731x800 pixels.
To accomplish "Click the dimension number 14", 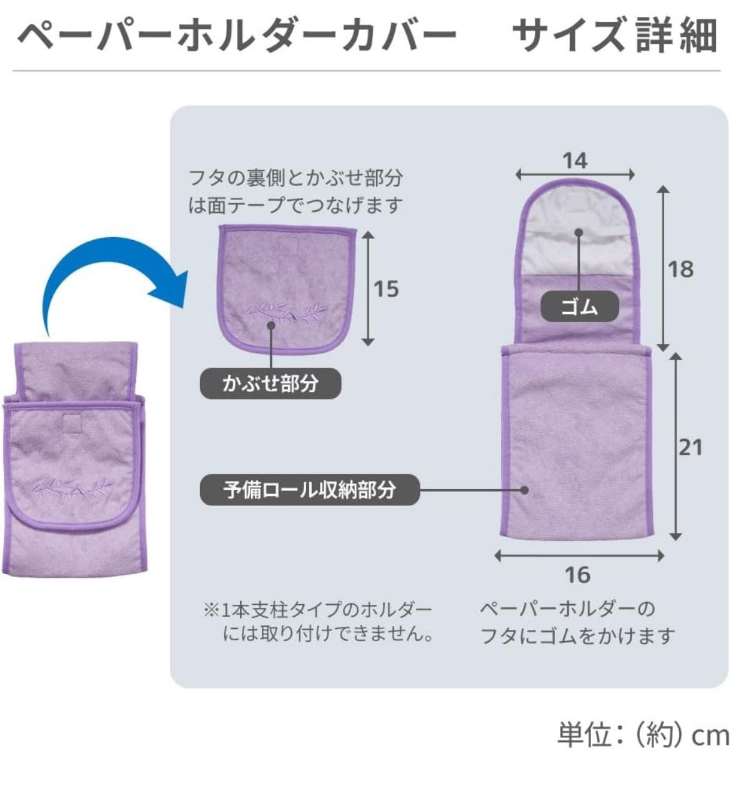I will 575,161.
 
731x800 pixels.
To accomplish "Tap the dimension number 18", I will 680,269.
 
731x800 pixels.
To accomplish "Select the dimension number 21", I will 690,447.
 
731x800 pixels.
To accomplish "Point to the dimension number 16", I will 577,575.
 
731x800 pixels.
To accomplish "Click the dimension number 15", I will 385,289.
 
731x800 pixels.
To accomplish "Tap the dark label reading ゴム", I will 579,307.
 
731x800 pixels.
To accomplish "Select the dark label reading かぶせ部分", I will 270,383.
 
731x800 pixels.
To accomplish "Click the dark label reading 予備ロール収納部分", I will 309,489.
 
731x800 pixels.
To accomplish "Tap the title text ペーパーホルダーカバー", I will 237,36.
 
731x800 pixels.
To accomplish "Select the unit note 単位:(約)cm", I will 643,735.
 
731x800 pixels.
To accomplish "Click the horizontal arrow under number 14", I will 575,175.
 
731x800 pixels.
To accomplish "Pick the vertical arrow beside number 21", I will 675,446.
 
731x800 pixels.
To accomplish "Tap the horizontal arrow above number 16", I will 579,555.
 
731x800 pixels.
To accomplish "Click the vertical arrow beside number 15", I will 368,288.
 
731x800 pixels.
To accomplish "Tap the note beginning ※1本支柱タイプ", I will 319,622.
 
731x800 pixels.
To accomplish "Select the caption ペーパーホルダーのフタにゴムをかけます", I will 577,622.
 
